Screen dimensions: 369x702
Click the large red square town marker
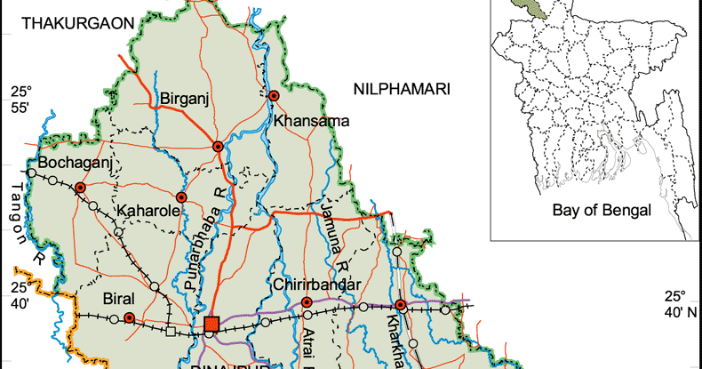(x=211, y=325)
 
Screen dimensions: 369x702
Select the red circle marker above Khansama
(x=275, y=95)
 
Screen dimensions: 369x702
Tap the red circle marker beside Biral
(x=129, y=317)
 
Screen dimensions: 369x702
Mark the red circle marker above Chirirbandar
(x=307, y=302)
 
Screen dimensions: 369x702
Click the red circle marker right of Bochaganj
(x=80, y=188)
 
